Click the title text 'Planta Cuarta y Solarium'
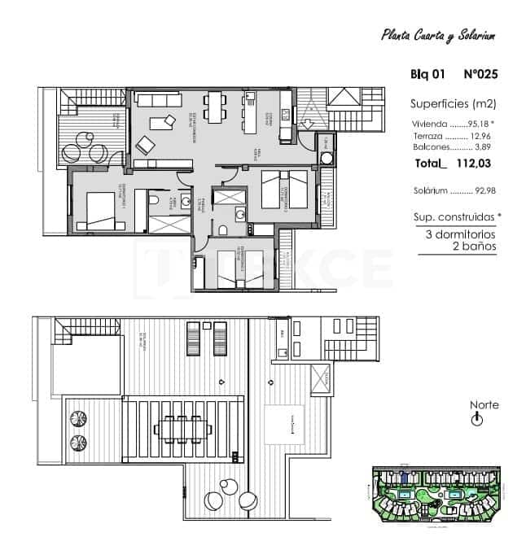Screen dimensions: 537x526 [438, 35]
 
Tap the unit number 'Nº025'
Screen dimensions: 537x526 [480, 75]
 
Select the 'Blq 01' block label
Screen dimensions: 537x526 [427, 75]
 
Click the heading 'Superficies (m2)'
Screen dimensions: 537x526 [453, 103]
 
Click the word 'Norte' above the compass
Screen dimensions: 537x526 [484, 405]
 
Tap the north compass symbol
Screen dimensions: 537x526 [478, 420]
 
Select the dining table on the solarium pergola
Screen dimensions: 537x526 [184, 428]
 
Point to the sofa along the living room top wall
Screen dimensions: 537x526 [159, 100]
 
